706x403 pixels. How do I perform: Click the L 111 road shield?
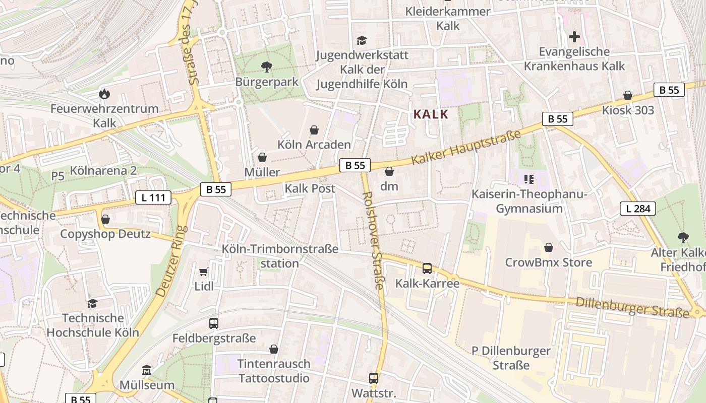(153, 197)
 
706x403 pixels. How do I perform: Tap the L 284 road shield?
(637, 208)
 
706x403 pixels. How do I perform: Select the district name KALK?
(431, 114)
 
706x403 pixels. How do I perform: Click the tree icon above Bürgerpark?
(266, 66)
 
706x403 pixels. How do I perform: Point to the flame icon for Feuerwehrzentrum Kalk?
(104, 94)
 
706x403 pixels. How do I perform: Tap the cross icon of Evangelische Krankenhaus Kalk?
(574, 37)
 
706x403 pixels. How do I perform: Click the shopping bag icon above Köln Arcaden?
(314, 130)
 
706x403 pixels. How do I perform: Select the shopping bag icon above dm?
(389, 171)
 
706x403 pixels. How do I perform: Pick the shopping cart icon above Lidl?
(204, 272)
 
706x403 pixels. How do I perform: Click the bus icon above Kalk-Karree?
(427, 268)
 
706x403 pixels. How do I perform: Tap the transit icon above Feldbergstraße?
(214, 323)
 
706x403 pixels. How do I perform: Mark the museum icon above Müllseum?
(147, 370)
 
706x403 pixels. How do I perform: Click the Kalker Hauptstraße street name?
(465, 148)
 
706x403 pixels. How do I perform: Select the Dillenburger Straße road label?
(632, 306)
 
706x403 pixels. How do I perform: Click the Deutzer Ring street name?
(171, 261)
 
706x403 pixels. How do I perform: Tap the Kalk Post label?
(310, 188)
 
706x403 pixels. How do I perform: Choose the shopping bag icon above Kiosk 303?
(628, 95)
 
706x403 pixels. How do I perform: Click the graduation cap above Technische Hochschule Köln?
(92, 303)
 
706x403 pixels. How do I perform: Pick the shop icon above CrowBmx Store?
(549, 247)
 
